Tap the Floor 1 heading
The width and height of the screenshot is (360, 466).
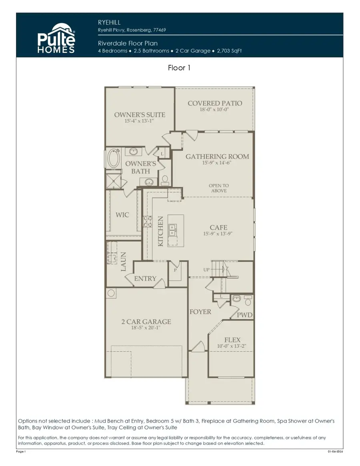(179, 68)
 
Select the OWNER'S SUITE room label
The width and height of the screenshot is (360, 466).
(139, 115)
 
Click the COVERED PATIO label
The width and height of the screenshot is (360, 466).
(215, 103)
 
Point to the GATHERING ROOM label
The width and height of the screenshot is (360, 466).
(217, 157)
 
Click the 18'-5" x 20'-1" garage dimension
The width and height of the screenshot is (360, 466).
(146, 328)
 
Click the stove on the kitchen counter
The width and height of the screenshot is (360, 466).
(147, 221)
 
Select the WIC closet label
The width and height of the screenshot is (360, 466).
(122, 215)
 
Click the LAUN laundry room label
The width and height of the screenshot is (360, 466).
(123, 262)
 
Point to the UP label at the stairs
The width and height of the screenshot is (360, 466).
(206, 270)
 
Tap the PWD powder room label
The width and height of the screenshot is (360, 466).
(244, 315)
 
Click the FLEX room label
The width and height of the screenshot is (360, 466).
(232, 340)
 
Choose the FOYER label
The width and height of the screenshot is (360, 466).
(200, 312)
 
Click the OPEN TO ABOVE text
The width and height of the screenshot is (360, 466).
(218, 188)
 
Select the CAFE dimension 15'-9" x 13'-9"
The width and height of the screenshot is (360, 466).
(218, 234)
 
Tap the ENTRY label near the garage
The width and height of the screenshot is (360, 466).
(145, 279)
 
